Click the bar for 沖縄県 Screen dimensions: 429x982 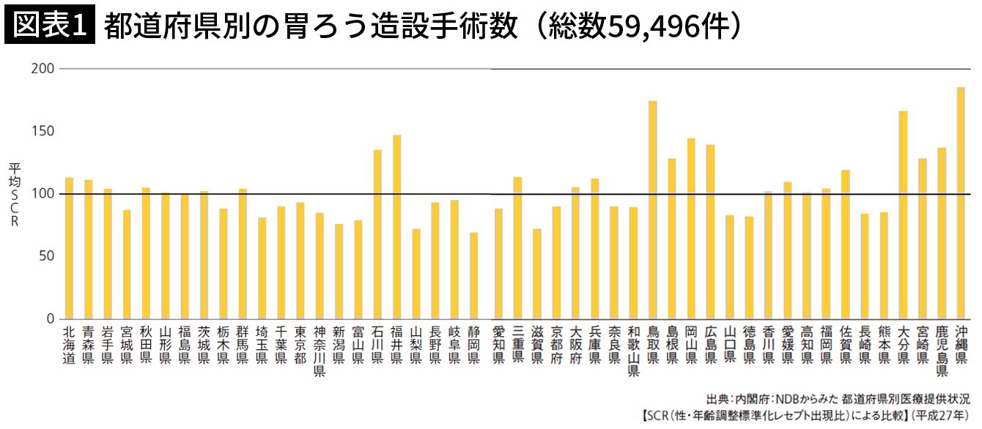961,204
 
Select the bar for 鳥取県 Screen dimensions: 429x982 652,210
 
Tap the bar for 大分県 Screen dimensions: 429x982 903,215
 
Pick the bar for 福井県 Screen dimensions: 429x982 396,227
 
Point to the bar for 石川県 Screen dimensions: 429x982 377,234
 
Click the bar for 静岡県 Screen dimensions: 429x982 473,276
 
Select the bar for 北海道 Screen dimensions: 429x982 69,248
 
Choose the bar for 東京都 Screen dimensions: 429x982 300,261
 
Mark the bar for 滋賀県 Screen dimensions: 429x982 536,274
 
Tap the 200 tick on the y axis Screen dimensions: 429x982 44,69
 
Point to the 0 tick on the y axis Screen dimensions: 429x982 51,319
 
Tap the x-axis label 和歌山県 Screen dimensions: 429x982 633,351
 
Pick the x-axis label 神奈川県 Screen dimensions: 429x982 320,351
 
